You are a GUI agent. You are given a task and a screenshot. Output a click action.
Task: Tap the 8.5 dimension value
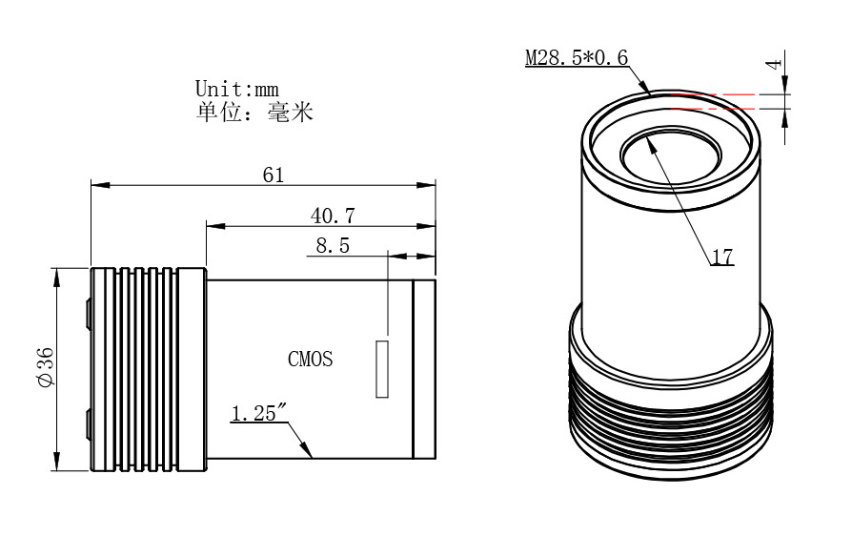pos(333,245)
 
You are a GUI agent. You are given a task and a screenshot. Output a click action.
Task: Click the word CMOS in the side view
pos(312,360)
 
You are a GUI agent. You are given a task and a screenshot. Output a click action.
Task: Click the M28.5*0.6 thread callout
pos(578,58)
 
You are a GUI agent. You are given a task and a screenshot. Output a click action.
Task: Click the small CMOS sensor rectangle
pos(383,368)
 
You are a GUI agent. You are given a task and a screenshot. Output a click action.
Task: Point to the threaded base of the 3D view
pos(672,420)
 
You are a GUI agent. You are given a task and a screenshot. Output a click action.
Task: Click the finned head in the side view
pos(148,369)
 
